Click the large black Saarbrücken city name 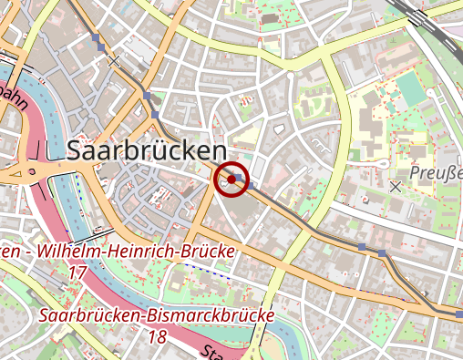click(146, 150)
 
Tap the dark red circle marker click(231, 180)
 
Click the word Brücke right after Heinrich click(210, 251)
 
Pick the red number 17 click(77, 273)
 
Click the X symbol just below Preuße click(395, 186)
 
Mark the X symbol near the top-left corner click(113, 61)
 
